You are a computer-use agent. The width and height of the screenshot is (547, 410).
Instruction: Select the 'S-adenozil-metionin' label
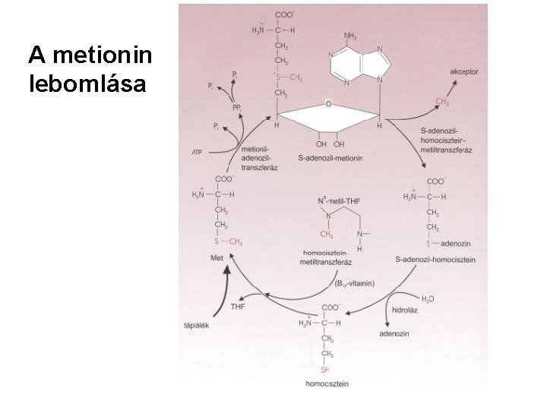pos(331,158)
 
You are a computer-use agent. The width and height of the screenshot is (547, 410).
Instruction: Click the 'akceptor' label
pos(463,71)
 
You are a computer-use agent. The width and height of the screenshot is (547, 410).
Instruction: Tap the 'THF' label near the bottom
pos(238,307)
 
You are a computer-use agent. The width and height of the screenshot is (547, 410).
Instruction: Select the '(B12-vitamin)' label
pos(355,282)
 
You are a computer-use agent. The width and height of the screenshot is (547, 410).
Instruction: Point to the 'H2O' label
pos(428,299)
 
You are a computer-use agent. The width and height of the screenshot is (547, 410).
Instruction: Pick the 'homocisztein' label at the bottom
pos(327,384)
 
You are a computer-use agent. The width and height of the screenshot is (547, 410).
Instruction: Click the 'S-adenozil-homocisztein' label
pos(435,260)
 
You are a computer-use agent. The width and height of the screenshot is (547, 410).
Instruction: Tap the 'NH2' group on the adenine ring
pos(351,35)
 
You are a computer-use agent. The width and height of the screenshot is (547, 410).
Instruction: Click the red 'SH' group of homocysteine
pos(324,370)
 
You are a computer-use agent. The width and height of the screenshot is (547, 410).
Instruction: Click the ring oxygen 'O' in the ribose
pos(327,102)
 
